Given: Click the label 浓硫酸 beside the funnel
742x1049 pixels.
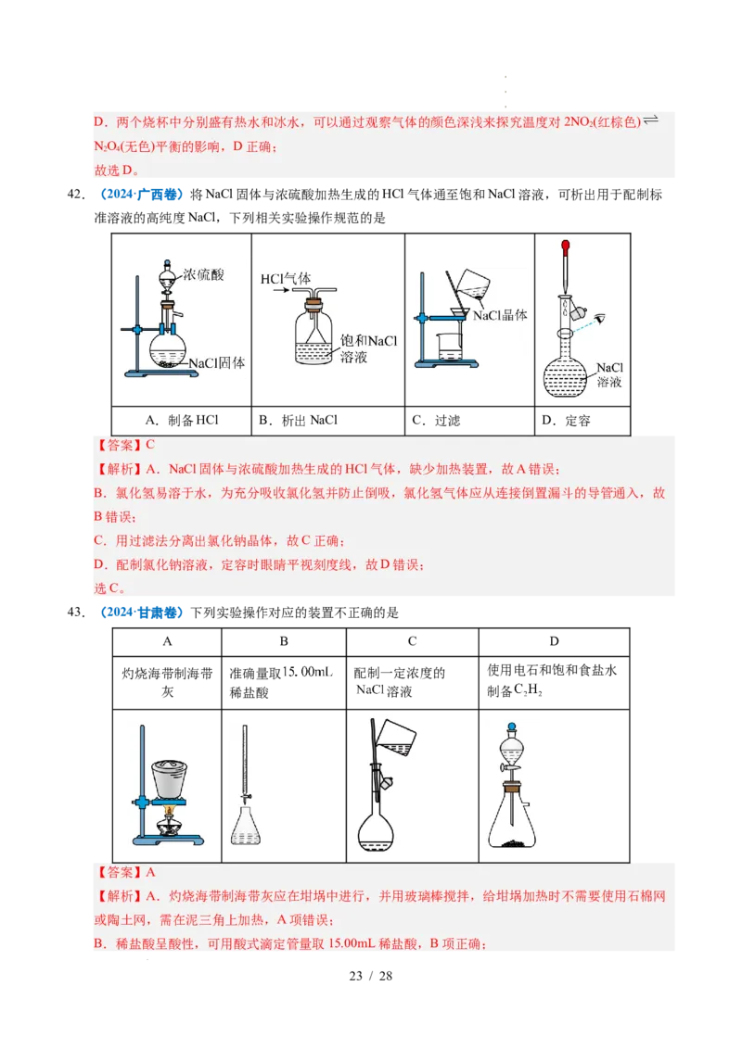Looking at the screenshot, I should (x=203, y=275).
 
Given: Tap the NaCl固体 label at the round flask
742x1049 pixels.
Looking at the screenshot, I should (x=216, y=364).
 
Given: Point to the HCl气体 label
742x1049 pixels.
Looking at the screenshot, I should (x=286, y=278).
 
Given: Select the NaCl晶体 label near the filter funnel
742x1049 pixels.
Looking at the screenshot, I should (x=500, y=315).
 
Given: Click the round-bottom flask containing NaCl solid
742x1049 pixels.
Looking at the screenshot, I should (x=169, y=349).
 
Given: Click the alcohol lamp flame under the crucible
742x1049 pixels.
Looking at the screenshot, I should (x=169, y=813).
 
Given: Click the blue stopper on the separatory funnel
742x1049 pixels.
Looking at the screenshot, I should (x=511, y=727).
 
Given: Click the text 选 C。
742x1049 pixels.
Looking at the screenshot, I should (x=109, y=588).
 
